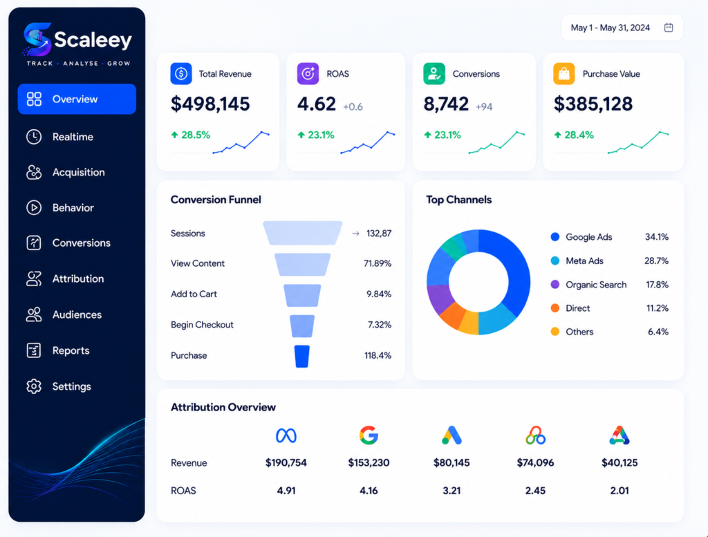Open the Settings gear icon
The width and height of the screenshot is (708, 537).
pos(34,386)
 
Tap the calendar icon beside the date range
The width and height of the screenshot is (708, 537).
pos(669,28)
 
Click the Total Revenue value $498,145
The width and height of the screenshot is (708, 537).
pos(210,104)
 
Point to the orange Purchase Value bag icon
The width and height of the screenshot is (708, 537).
pos(564,73)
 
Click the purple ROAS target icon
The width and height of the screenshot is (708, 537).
pos(308,73)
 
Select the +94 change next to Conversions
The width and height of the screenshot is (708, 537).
pos(483,107)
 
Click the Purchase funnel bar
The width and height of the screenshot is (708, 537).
pos(302,356)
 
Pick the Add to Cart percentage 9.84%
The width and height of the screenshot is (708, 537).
pos(379,294)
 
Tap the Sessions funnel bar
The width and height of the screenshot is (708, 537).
pos(303,233)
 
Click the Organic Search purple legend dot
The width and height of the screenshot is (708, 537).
pos(555,284)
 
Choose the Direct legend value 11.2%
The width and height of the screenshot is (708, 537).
pos(657,308)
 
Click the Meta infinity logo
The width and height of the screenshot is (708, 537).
pos(286,435)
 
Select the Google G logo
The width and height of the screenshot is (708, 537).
pos(369,435)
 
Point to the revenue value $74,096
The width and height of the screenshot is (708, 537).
pos(535,462)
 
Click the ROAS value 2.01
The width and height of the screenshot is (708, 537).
pos(619,491)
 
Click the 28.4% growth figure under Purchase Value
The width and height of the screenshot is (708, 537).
pos(579,135)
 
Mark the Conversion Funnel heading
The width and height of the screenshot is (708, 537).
pos(216,200)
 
